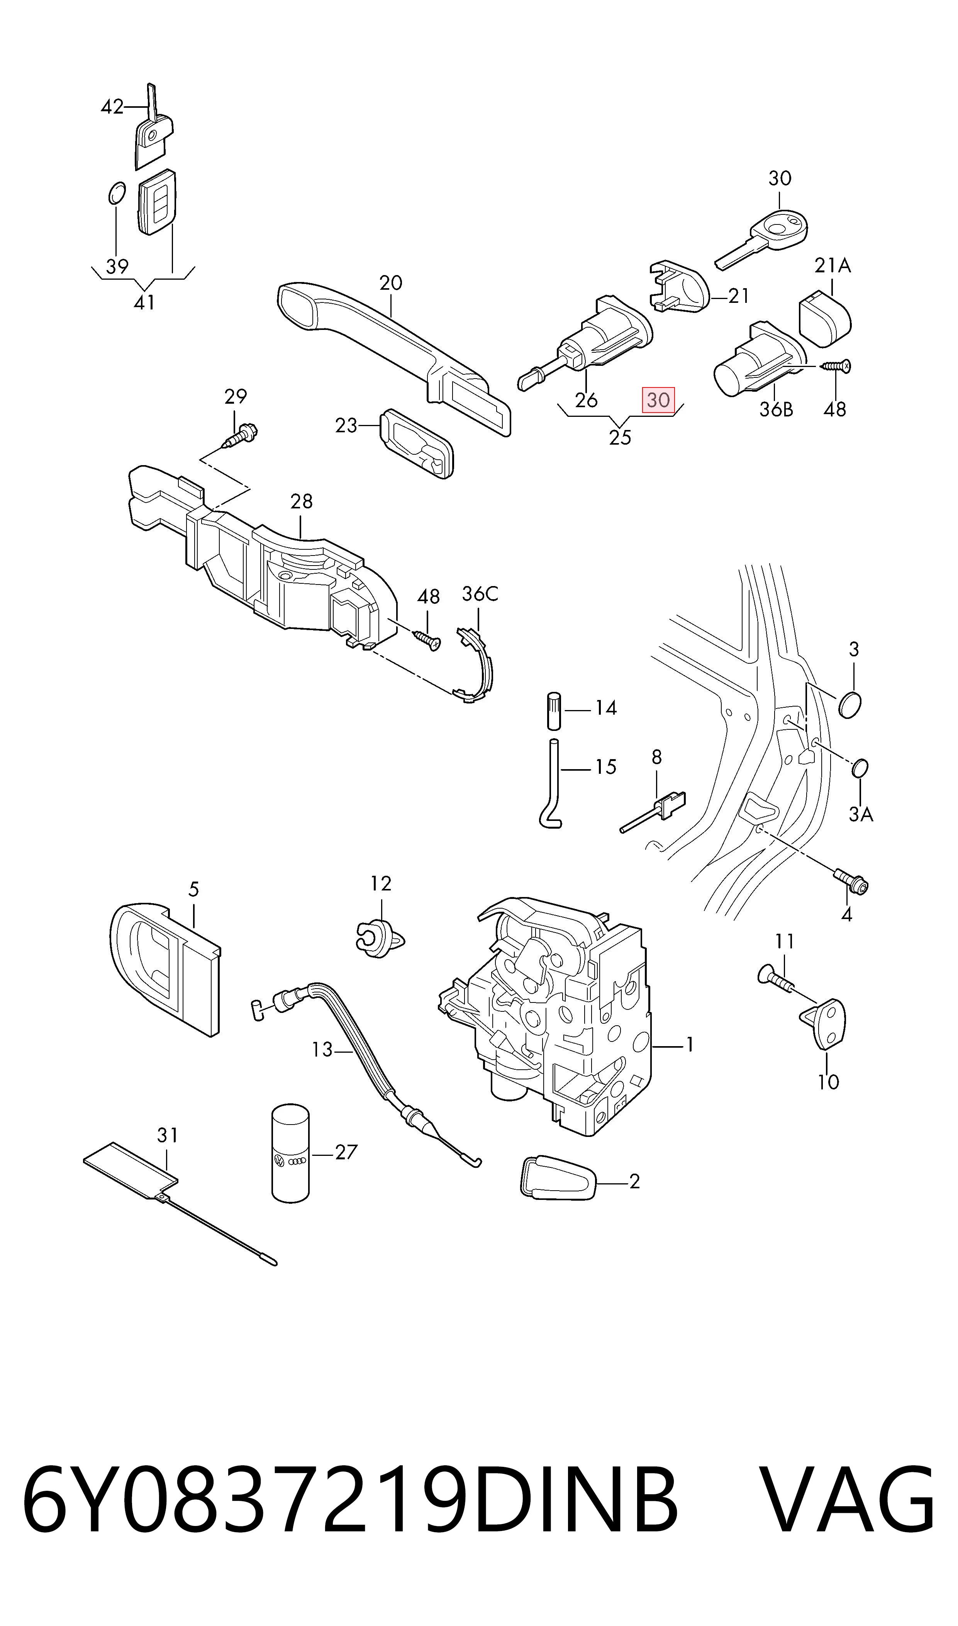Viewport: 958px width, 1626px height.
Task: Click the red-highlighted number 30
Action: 658,400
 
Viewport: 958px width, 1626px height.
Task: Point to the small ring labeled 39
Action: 115,192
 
